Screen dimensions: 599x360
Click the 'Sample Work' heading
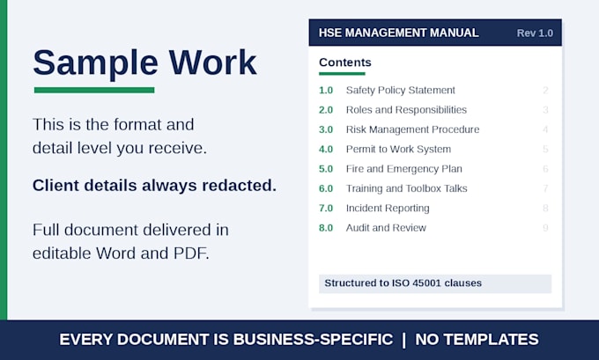(144, 62)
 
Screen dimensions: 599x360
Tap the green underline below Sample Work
(94, 90)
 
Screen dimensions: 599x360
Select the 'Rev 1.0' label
(535, 33)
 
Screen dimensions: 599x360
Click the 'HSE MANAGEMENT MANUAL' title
(398, 33)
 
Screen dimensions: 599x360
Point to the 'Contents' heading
(345, 62)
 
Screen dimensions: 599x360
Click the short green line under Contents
(342, 74)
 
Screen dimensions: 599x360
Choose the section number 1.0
(326, 91)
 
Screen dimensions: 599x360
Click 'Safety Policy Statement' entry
(400, 91)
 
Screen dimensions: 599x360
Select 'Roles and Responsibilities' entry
(406, 110)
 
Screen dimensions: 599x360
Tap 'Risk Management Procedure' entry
(412, 129)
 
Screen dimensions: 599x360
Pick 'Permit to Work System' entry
(398, 150)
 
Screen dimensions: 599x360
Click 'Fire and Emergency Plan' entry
(403, 169)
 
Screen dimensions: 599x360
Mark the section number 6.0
(326, 188)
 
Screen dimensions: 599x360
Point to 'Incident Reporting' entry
(388, 209)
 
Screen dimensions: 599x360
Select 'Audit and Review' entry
(386, 228)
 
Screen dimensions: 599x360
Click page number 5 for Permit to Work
(545, 150)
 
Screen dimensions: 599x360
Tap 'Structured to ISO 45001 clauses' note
(403, 283)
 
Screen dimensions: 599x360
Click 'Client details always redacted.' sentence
(154, 186)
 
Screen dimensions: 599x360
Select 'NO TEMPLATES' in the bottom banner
(477, 340)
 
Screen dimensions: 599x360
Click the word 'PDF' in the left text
(191, 253)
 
